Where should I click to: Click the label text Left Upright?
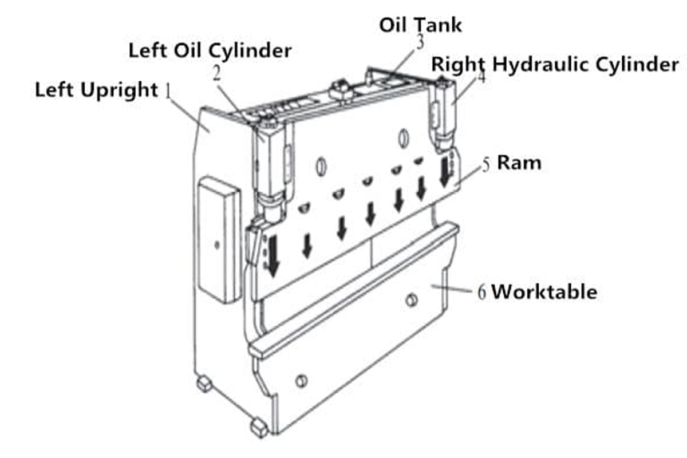(96, 90)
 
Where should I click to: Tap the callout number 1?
(168, 90)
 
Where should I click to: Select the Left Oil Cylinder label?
(210, 50)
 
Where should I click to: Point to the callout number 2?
(216, 73)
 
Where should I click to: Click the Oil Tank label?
(420, 25)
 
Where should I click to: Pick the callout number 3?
(420, 42)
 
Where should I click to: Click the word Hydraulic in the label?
(535, 64)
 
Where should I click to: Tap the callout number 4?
(481, 77)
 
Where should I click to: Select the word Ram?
(519, 163)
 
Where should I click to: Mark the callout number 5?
(486, 164)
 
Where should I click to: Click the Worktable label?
(544, 292)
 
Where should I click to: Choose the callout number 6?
(482, 293)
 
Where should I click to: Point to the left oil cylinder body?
(269, 166)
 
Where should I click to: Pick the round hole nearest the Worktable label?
(410, 300)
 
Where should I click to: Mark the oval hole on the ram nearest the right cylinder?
(403, 136)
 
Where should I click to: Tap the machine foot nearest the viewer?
(259, 427)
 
